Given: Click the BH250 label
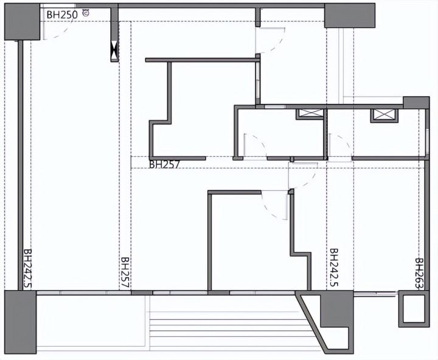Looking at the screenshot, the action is (x=62, y=15).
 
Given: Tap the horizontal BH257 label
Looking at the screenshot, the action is (x=164, y=164).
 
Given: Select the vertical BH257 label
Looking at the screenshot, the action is (x=125, y=273).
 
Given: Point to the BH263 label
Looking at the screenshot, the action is (x=419, y=274).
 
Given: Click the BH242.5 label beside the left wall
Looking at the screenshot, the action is (x=27, y=269).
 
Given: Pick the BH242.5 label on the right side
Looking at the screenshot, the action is (x=334, y=268).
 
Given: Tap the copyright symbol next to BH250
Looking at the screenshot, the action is (x=86, y=13).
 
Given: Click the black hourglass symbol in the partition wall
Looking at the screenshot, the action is (x=114, y=51).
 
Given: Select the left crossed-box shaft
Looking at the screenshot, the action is (x=310, y=114).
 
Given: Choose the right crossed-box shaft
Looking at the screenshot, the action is (x=384, y=116).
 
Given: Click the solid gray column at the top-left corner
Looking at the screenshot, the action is (x=22, y=22).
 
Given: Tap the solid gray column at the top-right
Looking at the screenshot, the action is (x=349, y=16).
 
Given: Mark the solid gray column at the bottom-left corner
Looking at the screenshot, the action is (x=21, y=322).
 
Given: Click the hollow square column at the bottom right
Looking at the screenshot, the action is (x=414, y=308).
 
